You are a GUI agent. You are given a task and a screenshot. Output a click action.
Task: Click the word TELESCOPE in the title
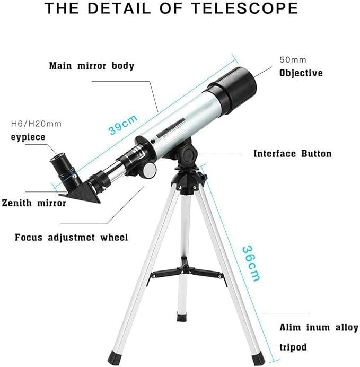point(244,8)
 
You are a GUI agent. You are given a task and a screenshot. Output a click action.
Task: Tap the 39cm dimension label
point(123,125)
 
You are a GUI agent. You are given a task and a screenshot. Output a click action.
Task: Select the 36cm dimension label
point(251,263)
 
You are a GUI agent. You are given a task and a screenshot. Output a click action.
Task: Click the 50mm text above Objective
point(293,60)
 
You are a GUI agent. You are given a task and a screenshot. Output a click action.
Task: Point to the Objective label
point(301,73)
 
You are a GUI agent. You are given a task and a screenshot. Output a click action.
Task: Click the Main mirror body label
point(92,66)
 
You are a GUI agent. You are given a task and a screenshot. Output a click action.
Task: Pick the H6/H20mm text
point(36,124)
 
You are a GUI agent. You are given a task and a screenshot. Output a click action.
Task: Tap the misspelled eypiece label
point(28,137)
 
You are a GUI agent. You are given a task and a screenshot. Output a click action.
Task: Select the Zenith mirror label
point(34,203)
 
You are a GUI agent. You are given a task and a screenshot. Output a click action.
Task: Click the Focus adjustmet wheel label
point(72,238)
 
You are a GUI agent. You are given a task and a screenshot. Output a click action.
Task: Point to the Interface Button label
point(293,154)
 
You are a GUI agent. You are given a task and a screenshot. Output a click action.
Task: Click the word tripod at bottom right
point(293,347)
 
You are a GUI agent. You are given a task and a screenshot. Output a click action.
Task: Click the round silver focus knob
point(149,170)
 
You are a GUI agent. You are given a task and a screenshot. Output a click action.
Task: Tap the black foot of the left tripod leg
point(115,358)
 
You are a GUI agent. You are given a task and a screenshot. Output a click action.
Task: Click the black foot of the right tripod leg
point(258,359)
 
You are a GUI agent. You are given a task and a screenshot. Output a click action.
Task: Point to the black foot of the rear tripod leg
point(182,318)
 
